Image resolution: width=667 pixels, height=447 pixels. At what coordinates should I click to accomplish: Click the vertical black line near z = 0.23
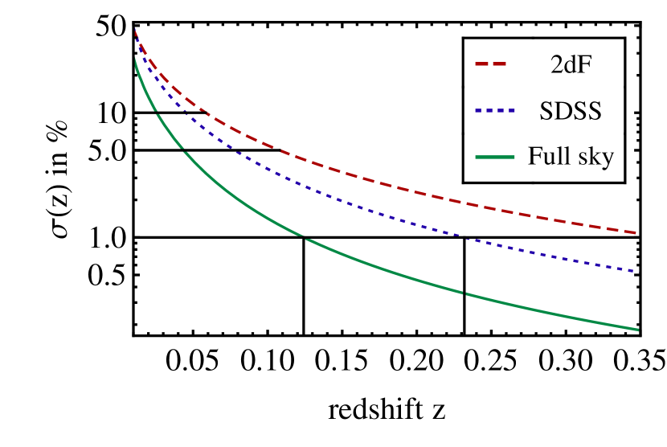(464, 285)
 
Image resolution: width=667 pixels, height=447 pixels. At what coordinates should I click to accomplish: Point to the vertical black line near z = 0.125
(304, 285)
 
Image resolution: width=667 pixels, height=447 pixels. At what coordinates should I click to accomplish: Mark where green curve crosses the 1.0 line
(304, 237)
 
